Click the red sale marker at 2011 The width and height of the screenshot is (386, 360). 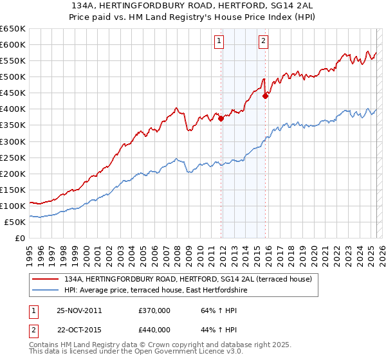(x=221, y=118)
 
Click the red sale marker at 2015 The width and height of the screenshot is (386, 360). (x=265, y=96)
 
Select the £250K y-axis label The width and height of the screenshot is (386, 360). (x=13, y=157)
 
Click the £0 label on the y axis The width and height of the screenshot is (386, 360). (x=19, y=239)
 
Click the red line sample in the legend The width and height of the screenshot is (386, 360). (x=46, y=279)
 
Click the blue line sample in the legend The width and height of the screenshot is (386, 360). (x=46, y=291)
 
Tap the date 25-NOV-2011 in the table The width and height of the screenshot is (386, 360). (x=79, y=310)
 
